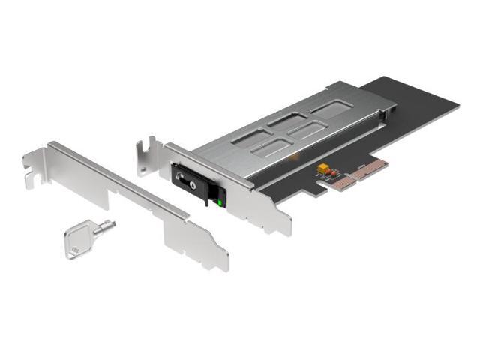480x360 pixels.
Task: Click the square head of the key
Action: [77, 243]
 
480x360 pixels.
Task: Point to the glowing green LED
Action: [219, 200]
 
